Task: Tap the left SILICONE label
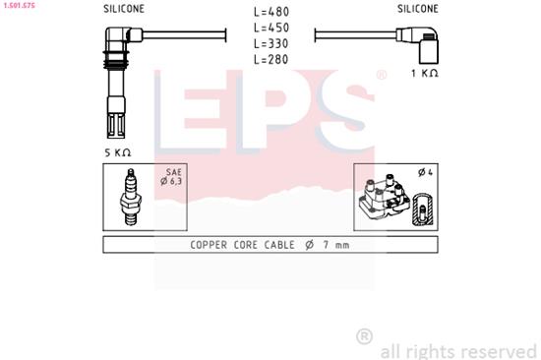tap(124, 9)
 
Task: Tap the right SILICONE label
tap(418, 9)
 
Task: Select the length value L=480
tap(270, 13)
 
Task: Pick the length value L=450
tap(270, 29)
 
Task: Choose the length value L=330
tap(270, 44)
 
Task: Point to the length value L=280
tap(270, 60)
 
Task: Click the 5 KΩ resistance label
tap(117, 152)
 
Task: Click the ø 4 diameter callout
tap(425, 173)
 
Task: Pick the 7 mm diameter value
tap(331, 244)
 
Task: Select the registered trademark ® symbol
tap(363, 336)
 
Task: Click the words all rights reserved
tap(457, 350)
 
